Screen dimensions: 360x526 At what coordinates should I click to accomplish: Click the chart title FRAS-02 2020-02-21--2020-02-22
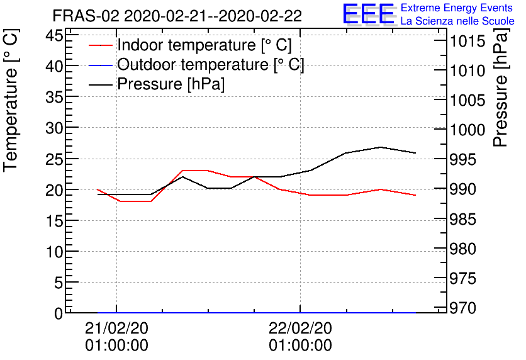tap(177, 15)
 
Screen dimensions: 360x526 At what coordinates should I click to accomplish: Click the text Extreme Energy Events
tap(456, 8)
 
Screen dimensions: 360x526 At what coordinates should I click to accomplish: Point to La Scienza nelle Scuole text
tap(457, 21)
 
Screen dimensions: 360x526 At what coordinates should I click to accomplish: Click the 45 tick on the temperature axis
tap(55, 35)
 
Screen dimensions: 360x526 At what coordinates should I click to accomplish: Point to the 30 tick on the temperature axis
tap(55, 128)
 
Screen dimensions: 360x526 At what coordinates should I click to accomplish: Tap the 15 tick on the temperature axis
tap(55, 220)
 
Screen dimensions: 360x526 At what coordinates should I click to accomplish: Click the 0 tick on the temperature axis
tap(59, 313)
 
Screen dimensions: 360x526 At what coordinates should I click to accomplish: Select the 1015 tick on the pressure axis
tap(466, 43)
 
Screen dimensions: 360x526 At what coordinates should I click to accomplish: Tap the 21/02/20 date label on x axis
tap(116, 328)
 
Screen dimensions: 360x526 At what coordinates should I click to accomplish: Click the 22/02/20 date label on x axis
tap(300, 328)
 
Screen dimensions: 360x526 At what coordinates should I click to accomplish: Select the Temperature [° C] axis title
tap(11, 112)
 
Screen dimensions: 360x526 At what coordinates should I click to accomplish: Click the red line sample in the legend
tap(101, 45)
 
